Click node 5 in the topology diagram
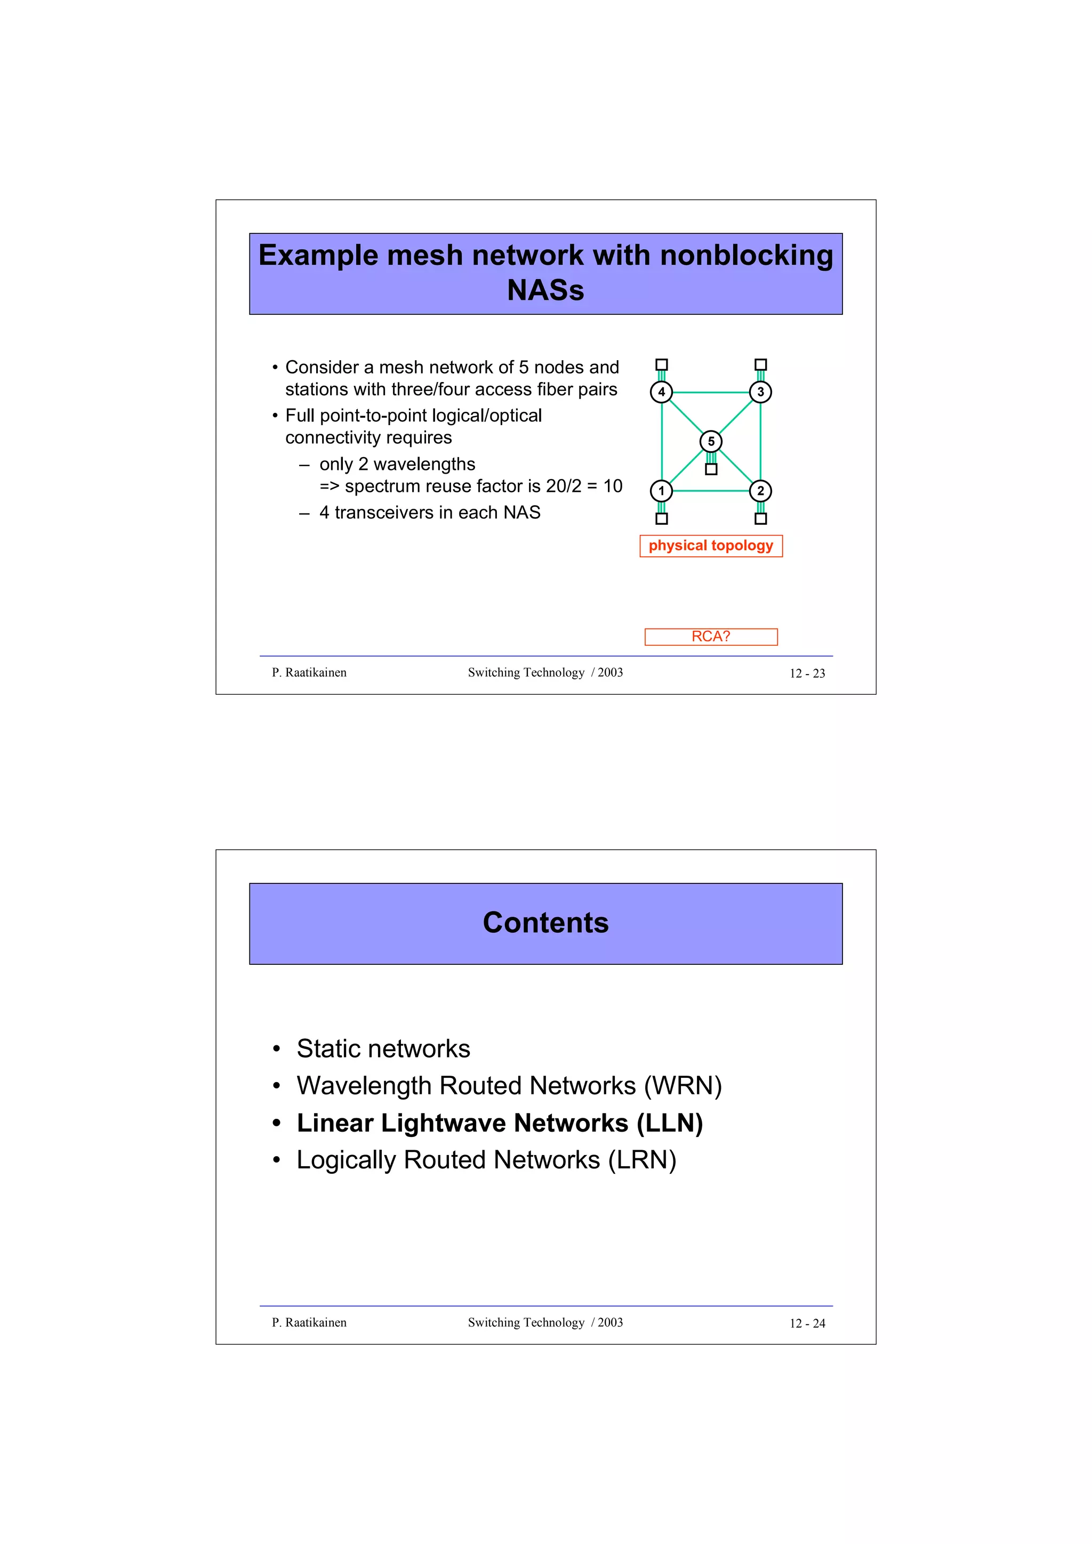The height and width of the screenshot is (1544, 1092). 711,441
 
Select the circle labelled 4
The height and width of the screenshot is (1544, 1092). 661,392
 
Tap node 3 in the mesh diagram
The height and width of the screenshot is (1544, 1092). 760,392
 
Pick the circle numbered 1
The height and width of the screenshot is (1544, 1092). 661,491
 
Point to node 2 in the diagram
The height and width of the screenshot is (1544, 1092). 760,491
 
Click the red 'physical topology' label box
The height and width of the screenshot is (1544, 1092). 711,546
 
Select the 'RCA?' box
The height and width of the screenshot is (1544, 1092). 711,636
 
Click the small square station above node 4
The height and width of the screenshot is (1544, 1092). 661,364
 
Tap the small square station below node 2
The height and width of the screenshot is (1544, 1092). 760,518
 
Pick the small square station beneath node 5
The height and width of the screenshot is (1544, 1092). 711,469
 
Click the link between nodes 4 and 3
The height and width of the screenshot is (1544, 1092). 711,392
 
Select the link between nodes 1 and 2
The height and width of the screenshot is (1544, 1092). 711,491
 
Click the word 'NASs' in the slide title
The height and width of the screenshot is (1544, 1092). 545,290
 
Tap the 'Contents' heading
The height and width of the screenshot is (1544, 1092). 545,923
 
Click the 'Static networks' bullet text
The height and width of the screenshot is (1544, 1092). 383,1049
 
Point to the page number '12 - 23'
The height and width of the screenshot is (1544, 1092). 807,673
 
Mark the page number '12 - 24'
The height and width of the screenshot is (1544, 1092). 807,1323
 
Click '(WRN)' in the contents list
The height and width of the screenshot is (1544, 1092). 682,1086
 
